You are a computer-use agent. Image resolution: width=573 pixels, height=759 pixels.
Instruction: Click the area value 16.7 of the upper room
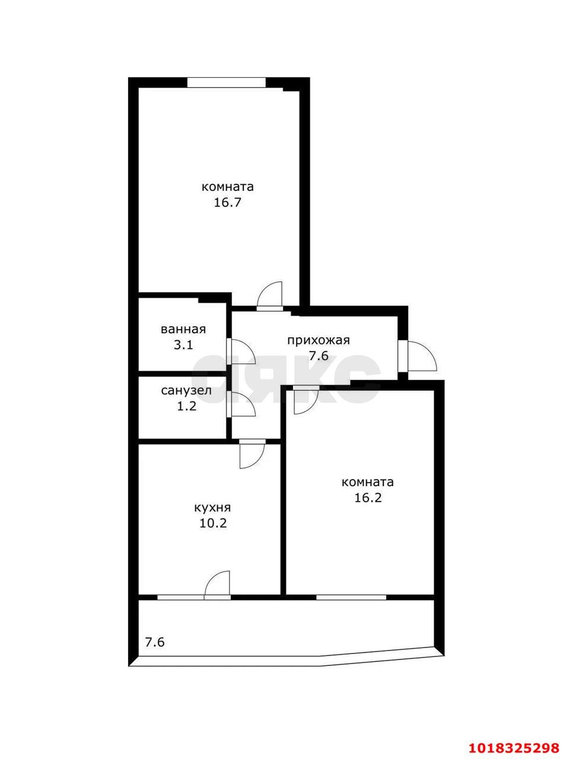[227, 202]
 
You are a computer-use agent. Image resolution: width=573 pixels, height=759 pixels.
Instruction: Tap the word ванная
[183, 329]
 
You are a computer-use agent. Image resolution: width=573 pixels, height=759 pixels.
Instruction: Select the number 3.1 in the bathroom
[183, 345]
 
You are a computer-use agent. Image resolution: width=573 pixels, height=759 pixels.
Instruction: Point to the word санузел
[186, 391]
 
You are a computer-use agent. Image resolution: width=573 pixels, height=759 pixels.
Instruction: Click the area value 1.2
[187, 406]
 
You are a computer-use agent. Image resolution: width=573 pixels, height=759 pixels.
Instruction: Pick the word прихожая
[319, 340]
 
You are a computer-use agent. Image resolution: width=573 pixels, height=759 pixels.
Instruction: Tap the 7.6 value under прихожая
[319, 356]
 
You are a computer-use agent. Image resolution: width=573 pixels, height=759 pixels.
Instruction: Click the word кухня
[212, 508]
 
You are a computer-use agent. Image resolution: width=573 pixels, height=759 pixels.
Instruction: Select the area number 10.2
[213, 523]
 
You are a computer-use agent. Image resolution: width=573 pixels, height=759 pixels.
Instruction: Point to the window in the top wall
[226, 82]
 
